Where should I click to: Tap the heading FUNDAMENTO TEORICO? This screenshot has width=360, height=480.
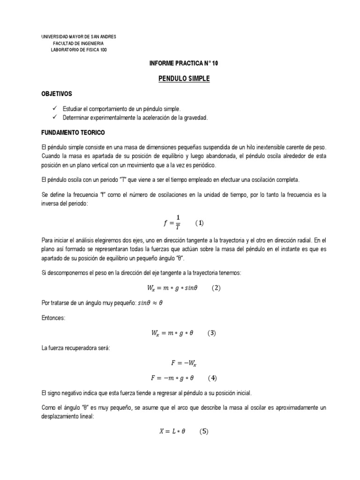tap(73, 133)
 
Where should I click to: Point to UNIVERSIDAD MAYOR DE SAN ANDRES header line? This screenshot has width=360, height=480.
tap(79, 37)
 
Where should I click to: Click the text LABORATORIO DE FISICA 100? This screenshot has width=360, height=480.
tap(79, 50)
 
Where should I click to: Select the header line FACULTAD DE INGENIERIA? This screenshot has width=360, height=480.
tap(78, 44)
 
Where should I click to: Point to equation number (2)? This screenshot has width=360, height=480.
tap(216, 288)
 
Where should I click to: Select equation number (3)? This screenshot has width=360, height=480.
tap(212, 333)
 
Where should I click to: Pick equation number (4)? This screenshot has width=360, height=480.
tap(212, 378)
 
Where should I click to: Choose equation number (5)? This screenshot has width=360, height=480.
tap(203, 432)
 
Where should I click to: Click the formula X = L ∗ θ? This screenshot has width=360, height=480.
tap(172, 432)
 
